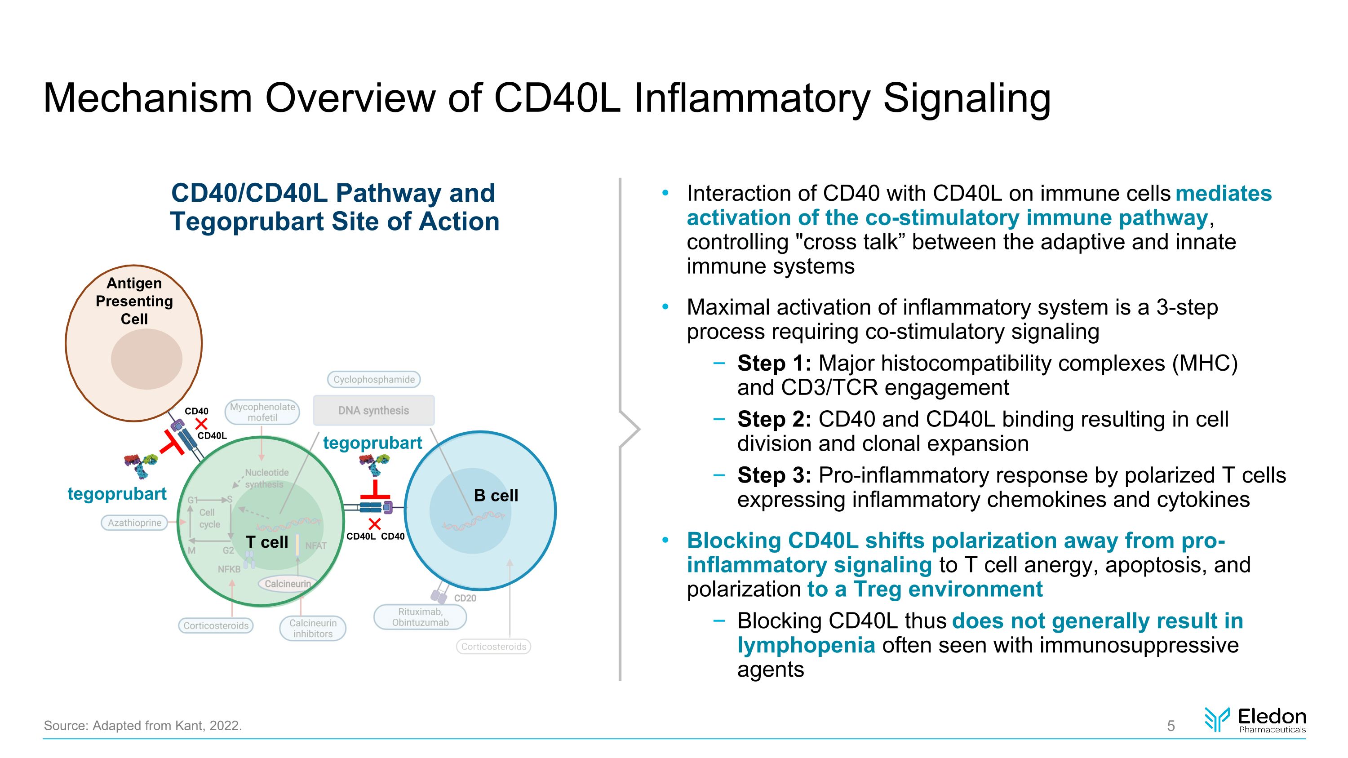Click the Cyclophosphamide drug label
point(374,379)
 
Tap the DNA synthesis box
point(374,410)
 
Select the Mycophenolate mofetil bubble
point(262,412)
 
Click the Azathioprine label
point(134,523)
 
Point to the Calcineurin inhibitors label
point(312,628)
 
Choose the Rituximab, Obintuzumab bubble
point(420,617)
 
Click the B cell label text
point(496,496)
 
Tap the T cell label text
point(267,542)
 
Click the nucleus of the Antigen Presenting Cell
point(146,359)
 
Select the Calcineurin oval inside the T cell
point(287,584)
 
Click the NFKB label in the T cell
point(229,569)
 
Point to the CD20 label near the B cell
point(465,598)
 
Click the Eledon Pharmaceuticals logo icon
point(1217,719)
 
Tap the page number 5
point(1171,726)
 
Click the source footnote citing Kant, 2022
point(142,726)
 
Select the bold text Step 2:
point(774,420)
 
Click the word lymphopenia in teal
point(806,645)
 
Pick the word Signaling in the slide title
point(967,98)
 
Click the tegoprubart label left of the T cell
point(117,494)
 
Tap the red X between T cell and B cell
point(375,523)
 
